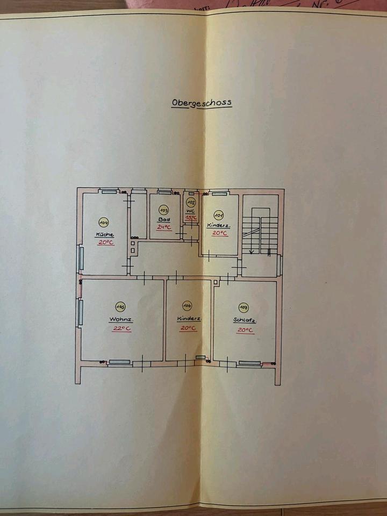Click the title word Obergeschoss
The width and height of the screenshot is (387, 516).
click(202, 102)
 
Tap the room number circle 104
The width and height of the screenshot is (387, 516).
click(103, 221)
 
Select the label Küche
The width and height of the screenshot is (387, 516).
click(104, 234)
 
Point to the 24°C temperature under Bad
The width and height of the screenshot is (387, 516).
click(163, 227)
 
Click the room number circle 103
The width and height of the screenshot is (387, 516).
click(164, 209)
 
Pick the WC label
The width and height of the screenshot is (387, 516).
click(190, 211)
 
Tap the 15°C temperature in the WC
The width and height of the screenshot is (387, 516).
click(191, 217)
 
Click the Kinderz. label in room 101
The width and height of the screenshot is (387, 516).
click(219, 226)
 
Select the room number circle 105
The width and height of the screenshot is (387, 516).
click(121, 307)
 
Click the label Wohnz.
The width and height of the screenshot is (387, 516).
click(121, 319)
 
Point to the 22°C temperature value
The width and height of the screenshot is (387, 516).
click(121, 328)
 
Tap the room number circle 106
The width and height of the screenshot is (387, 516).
click(187, 306)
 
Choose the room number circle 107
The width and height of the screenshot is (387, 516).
click(244, 307)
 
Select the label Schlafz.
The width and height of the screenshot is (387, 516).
click(245, 320)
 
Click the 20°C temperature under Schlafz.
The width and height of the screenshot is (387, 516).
click(245, 329)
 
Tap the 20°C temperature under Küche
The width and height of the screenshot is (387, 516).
click(106, 242)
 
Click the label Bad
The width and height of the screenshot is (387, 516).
click(163, 220)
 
